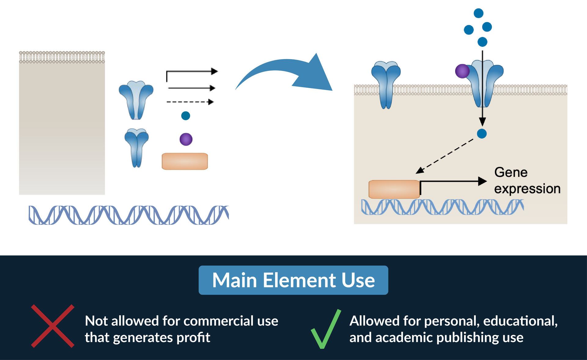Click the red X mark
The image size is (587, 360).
point(53,326)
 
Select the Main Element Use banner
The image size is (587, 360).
point(293,280)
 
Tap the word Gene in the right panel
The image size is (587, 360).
point(511,173)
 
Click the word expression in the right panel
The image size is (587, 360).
point(527,189)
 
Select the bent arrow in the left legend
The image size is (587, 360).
point(191,73)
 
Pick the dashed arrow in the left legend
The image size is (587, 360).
point(190,102)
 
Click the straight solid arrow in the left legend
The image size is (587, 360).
point(191,88)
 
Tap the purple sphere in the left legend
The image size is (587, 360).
point(186,139)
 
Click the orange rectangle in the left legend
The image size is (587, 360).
point(185,161)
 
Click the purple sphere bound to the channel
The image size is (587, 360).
point(462,71)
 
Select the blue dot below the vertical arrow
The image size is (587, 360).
point(482,134)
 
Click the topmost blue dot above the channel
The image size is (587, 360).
point(478,13)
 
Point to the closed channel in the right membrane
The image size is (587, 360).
point(386,84)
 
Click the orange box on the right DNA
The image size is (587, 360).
point(394,189)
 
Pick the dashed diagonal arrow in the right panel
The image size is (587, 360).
point(445,156)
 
